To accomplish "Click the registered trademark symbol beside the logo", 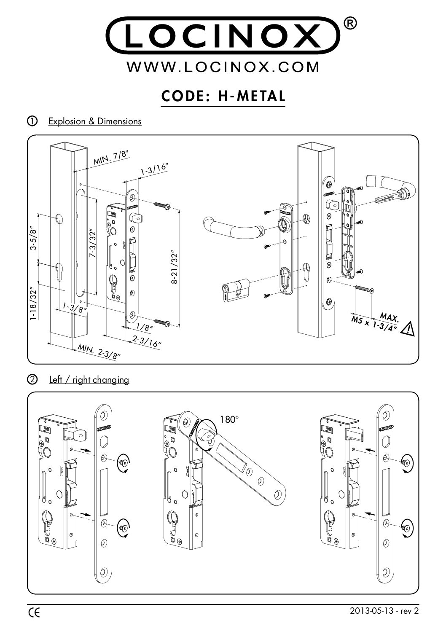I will click(x=352, y=24).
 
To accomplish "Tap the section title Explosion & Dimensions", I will click(x=95, y=121).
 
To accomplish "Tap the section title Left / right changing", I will click(x=89, y=379).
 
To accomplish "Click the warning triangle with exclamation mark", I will click(x=408, y=329).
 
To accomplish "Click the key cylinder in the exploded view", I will click(x=234, y=290).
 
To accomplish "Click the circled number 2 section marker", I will click(x=32, y=379).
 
